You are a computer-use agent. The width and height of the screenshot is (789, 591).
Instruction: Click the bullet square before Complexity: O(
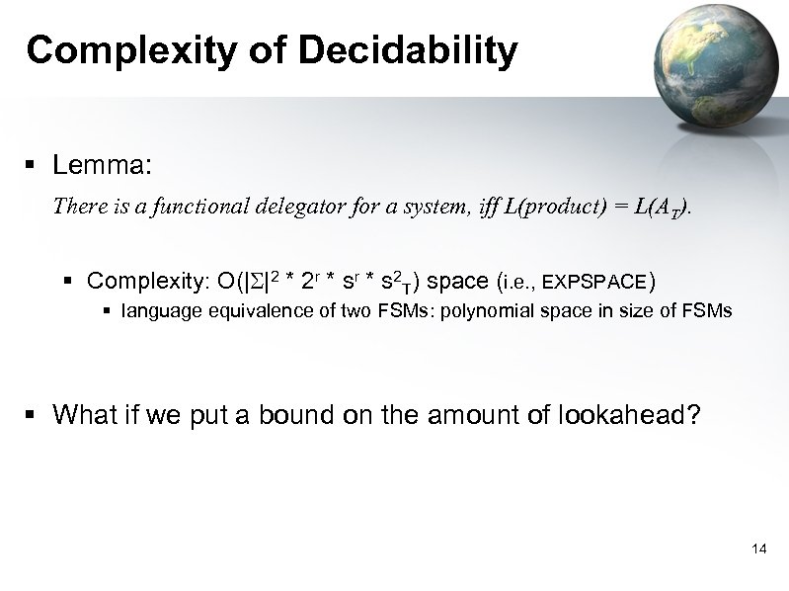pyautogui.click(x=71, y=283)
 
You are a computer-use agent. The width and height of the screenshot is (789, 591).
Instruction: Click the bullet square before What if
pyautogui.click(x=34, y=414)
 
